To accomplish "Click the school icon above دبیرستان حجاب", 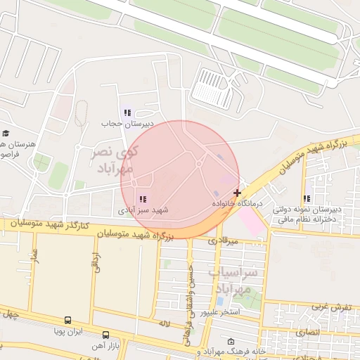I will coord(127,112).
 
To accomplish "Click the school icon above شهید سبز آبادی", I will coord(143,200).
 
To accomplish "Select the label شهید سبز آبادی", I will coord(142,210).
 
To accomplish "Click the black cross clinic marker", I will coord(238,192).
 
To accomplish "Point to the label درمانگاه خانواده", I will coord(237,202).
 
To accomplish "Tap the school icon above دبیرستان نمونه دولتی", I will coord(306,199).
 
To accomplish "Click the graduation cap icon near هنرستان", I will coord(6,133).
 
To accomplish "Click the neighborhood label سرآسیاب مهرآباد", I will coord(233,279).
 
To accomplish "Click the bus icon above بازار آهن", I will coord(105,335).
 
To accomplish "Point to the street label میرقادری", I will coord(223,240).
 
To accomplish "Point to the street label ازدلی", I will coord(96,262).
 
